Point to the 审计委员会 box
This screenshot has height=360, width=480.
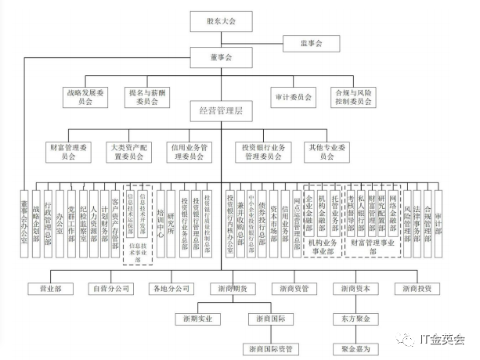click(294, 97)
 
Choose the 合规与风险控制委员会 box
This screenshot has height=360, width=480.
click(351, 97)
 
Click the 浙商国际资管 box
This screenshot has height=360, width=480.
click(271, 347)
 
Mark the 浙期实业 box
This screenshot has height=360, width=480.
click(195, 319)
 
